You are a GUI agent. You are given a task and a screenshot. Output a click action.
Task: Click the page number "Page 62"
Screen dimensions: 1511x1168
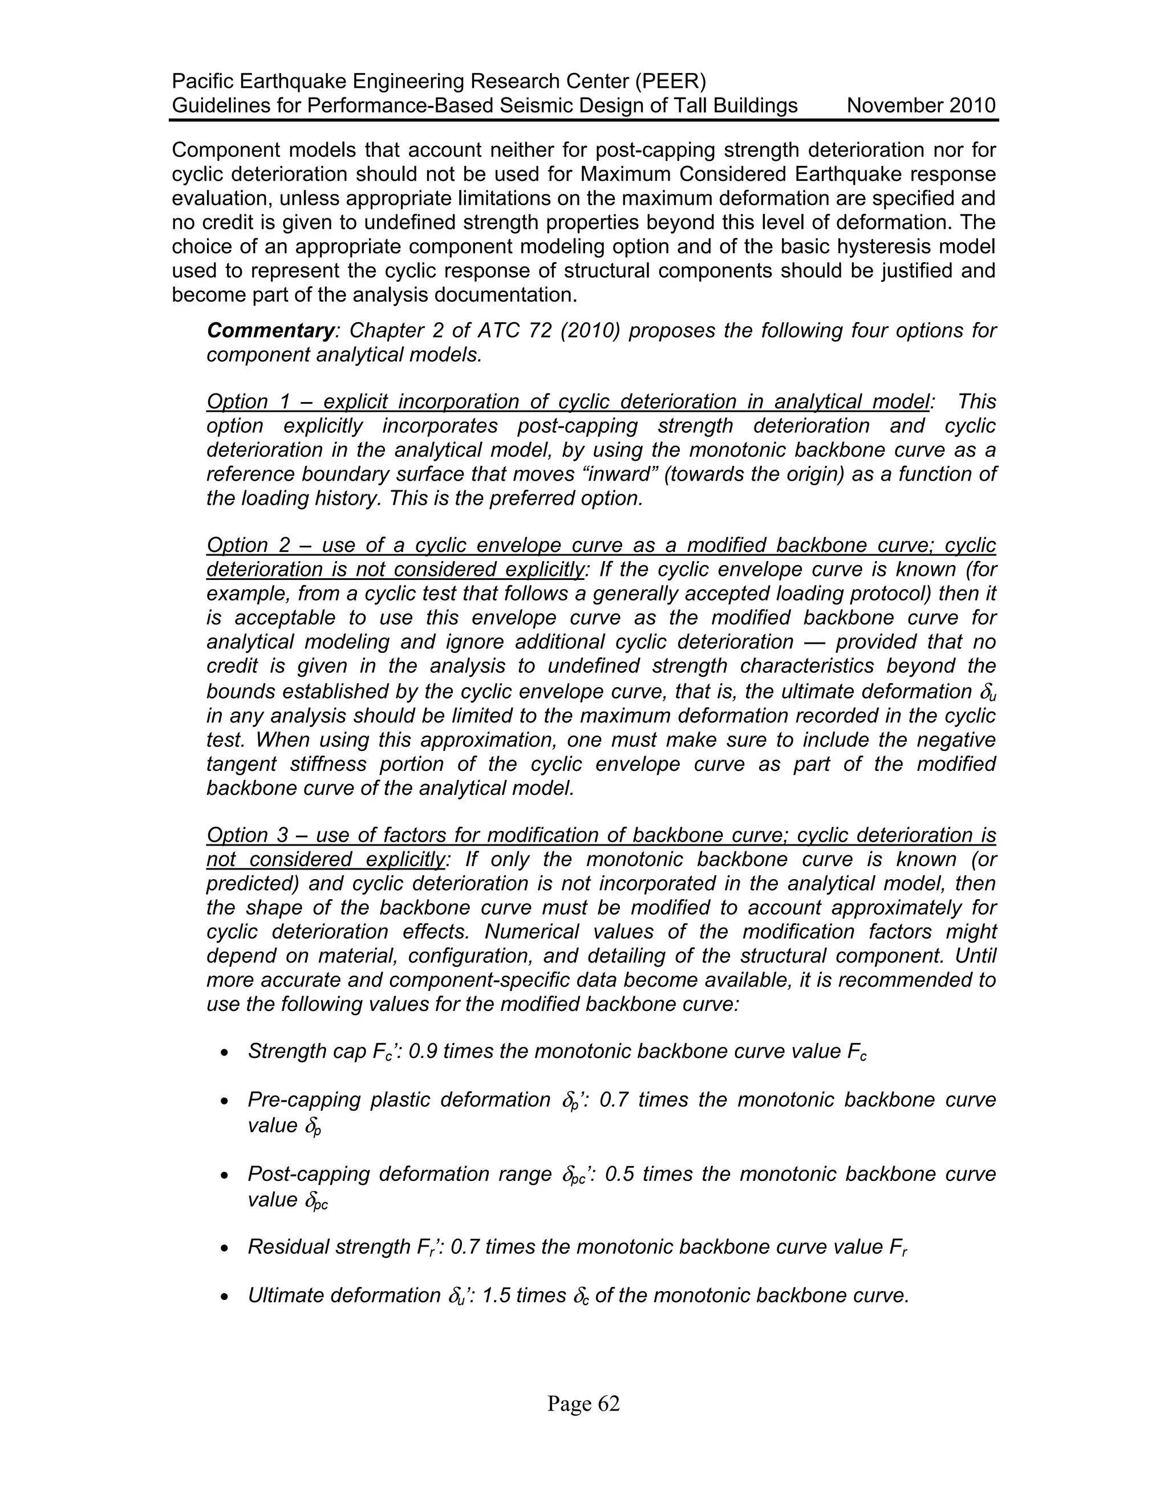583,1404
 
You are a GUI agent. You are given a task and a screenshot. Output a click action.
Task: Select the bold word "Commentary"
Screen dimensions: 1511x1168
270,330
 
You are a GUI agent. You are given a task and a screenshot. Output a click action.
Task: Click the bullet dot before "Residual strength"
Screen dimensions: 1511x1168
224,1248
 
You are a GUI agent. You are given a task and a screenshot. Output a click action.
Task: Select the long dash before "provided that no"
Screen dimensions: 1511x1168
814,642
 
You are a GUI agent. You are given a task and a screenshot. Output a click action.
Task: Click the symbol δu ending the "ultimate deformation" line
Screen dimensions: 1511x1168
987,692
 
